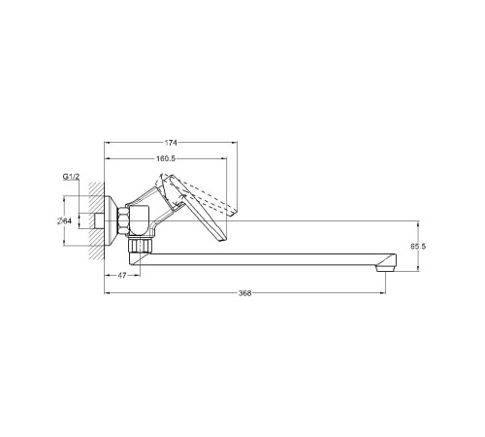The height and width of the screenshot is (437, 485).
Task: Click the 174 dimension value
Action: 171,143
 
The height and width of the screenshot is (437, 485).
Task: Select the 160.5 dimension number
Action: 166,158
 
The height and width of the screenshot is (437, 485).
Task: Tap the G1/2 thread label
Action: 71,177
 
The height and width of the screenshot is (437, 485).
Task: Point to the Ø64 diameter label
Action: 64,221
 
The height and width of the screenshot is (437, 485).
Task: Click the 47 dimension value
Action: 121,276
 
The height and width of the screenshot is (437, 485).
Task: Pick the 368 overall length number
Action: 244,293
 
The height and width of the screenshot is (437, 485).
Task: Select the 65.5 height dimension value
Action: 418,247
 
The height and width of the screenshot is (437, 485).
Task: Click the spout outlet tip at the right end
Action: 385,268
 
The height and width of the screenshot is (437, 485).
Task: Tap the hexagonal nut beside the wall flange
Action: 123,221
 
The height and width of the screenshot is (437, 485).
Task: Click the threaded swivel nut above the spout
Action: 140,246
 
